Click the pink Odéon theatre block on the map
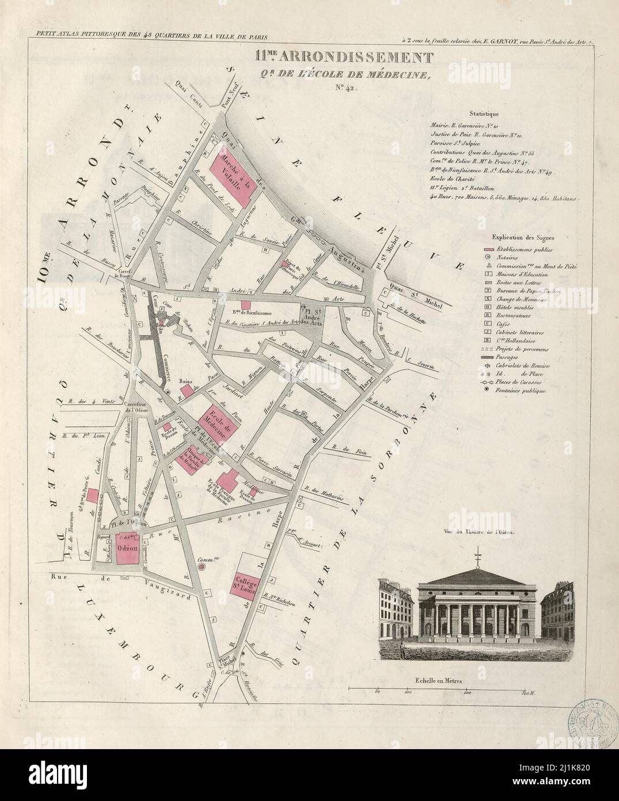pos(127,549)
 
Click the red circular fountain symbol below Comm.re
pos(202,568)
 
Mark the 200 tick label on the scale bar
pos(468,692)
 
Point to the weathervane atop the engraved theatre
pos(477,558)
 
